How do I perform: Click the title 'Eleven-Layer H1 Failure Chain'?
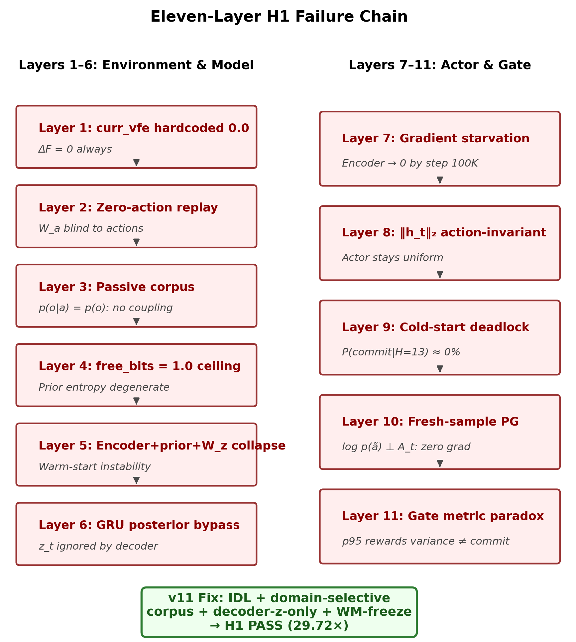[x=279, y=17]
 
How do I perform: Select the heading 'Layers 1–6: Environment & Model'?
[x=136, y=65]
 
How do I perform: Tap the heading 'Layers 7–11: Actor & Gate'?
[x=440, y=65]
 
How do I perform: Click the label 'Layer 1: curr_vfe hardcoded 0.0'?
[x=144, y=128]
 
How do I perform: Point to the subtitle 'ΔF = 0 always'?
[x=75, y=149]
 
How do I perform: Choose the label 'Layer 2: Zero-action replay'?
[x=128, y=207]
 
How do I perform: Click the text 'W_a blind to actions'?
[x=91, y=229]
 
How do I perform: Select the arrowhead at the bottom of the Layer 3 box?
[x=136, y=321]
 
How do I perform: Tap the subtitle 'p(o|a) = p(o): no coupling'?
[x=106, y=308]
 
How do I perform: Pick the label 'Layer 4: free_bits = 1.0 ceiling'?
[x=140, y=366]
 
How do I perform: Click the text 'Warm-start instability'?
[x=95, y=467]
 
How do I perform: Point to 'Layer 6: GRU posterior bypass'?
[x=139, y=525]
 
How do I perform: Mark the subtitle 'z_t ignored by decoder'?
[x=98, y=546]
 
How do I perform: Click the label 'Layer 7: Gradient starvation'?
[x=436, y=139]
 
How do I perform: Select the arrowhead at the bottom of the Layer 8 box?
[x=440, y=274]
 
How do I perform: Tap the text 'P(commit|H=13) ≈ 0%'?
[x=401, y=352]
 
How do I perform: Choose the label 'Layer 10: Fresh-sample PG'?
[x=430, y=422]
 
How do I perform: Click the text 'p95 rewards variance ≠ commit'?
[x=425, y=541]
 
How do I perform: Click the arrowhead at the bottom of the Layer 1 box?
[x=136, y=163]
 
